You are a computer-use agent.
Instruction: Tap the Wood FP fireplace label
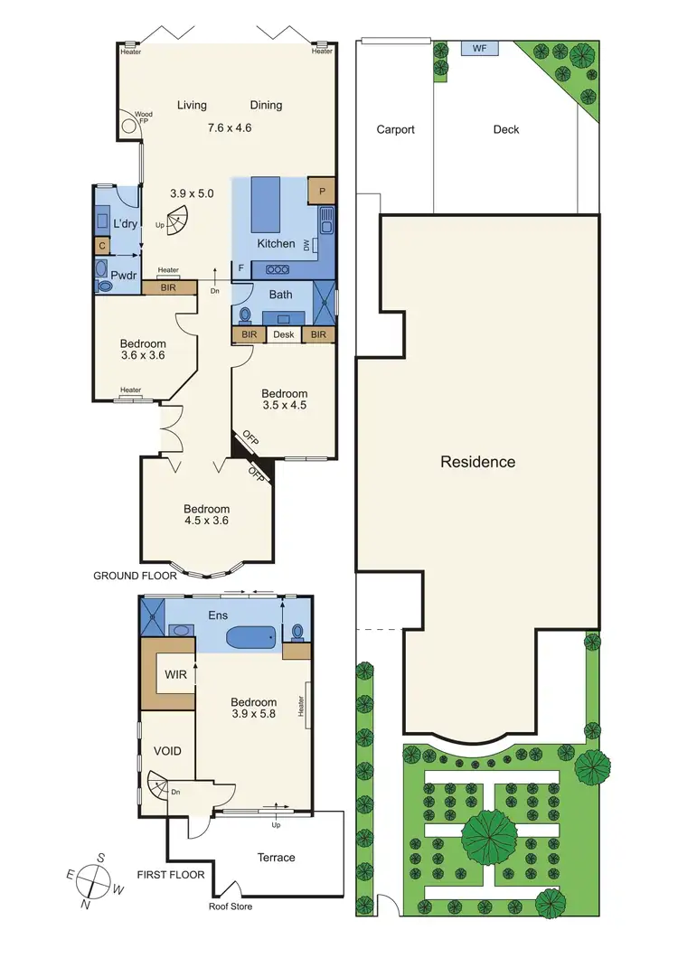(143, 117)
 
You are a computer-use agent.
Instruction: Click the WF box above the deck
(479, 48)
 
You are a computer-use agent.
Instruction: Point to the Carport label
(395, 129)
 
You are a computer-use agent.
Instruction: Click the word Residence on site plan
(477, 462)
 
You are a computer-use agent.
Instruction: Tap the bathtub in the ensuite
(250, 638)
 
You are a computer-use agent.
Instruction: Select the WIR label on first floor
(174, 675)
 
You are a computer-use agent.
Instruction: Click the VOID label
(167, 751)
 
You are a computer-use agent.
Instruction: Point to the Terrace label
(277, 858)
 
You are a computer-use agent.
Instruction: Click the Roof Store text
(231, 906)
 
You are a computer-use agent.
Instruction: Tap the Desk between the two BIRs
(284, 335)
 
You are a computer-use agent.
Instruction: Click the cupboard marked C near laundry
(101, 245)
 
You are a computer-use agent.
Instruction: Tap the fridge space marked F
(240, 268)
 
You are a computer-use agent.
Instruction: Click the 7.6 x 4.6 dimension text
(230, 127)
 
